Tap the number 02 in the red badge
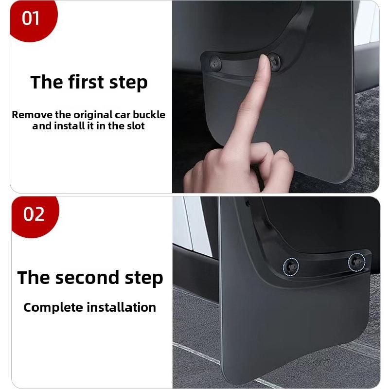tap(34, 213)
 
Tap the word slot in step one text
tap(135, 126)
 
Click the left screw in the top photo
tap(214, 63)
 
